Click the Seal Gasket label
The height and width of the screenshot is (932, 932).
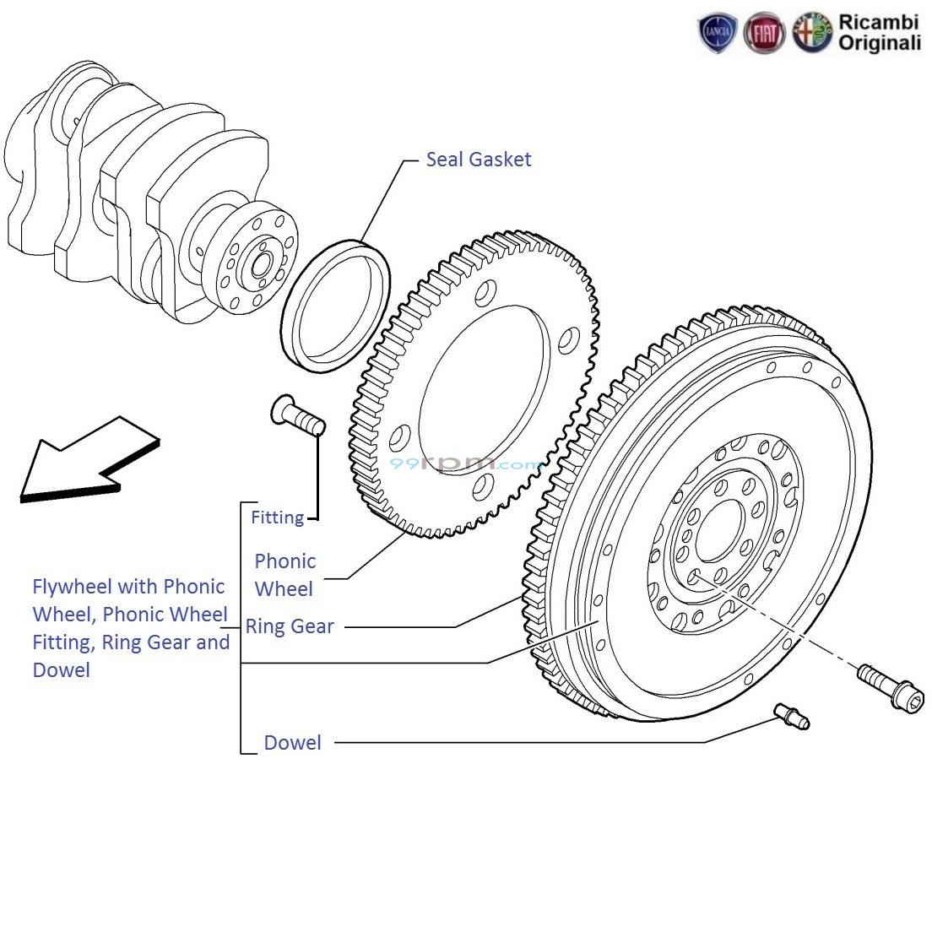[x=478, y=160]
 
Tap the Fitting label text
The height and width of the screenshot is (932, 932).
[x=277, y=517]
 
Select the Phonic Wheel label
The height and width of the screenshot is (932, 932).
[x=284, y=575]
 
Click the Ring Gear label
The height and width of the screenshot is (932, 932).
[x=290, y=626]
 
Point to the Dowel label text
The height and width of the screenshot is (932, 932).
[x=292, y=743]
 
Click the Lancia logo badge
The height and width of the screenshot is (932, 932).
[x=718, y=34]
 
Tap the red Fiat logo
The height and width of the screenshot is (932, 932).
[x=764, y=34]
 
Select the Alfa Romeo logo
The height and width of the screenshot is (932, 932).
[x=811, y=34]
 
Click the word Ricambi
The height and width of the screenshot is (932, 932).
[x=878, y=22]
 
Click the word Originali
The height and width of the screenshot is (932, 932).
[x=879, y=43]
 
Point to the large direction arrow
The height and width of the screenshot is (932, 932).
[x=84, y=460]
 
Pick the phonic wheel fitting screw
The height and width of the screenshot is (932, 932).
[x=299, y=416]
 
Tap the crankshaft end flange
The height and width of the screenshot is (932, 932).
[x=254, y=261]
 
